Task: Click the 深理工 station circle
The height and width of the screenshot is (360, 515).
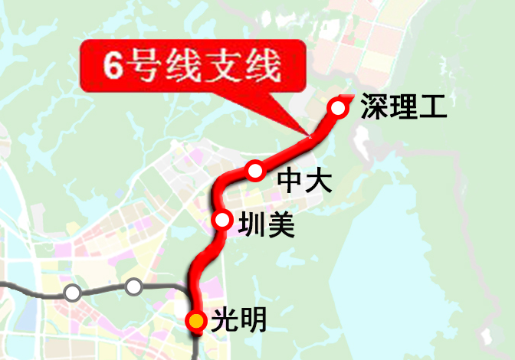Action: tap(338, 108)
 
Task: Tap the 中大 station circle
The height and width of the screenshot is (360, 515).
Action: tap(255, 169)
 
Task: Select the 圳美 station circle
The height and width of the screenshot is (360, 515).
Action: tap(223, 221)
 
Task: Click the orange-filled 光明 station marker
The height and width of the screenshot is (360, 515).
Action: tap(196, 321)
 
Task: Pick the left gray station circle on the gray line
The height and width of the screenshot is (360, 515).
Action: tap(72, 293)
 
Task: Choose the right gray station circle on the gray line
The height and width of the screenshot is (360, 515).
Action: tap(134, 287)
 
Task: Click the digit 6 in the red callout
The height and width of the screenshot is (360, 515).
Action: tap(115, 66)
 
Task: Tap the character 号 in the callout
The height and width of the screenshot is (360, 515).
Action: tap(147, 66)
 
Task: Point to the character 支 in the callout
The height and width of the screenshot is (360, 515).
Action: tap(231, 66)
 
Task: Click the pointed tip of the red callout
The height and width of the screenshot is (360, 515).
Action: tap(310, 137)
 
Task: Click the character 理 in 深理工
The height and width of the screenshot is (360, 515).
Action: tap(402, 107)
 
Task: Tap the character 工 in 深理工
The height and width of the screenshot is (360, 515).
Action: tap(431, 107)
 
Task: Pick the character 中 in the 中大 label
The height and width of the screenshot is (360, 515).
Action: tap(290, 181)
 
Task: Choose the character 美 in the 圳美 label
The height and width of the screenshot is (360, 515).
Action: tap(280, 225)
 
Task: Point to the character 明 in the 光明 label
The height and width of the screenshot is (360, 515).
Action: tap(252, 320)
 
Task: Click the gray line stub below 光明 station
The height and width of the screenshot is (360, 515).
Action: tap(197, 349)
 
